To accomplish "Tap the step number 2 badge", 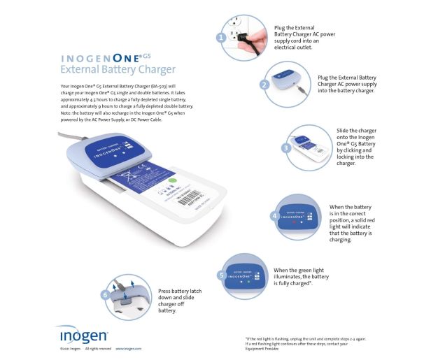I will click(x=264, y=85).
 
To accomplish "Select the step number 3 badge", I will click(x=286, y=148).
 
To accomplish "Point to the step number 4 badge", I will click(x=274, y=217).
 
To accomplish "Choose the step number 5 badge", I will click(x=222, y=275).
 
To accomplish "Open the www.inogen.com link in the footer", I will click(x=129, y=348).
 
